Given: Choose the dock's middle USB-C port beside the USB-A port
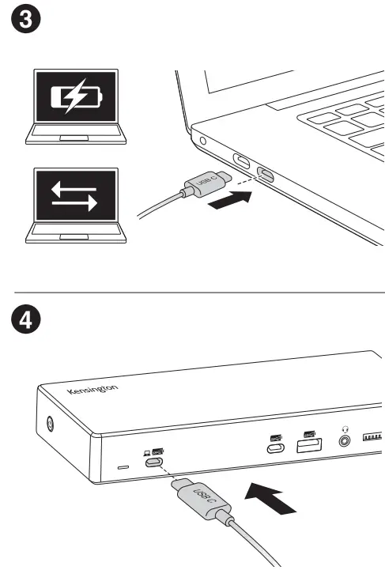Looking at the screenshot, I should coord(276,450).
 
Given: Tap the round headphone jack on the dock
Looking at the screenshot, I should coord(344,440).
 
